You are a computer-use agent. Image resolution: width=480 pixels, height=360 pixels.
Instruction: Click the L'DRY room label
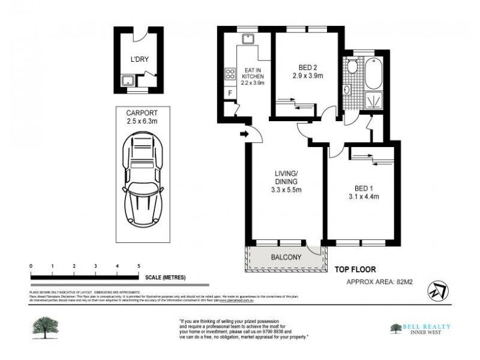(x=139, y=59)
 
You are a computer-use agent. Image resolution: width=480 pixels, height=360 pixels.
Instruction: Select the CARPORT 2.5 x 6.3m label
(x=142, y=117)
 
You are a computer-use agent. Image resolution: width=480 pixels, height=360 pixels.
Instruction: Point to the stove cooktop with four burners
(x=229, y=74)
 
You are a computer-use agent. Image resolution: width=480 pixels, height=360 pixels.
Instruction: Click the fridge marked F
(x=229, y=94)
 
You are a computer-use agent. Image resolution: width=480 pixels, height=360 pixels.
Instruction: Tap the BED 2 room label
(x=308, y=67)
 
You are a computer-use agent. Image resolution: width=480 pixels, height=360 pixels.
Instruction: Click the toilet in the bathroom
(x=352, y=65)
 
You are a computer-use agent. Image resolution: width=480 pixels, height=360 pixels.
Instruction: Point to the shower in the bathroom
(x=373, y=100)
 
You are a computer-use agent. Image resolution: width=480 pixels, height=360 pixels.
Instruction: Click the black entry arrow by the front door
(x=244, y=134)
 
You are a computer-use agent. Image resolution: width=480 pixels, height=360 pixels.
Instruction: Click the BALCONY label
(x=286, y=257)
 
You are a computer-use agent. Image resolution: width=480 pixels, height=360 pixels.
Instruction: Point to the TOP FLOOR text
(x=355, y=270)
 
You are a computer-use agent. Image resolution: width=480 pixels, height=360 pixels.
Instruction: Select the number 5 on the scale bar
(x=139, y=266)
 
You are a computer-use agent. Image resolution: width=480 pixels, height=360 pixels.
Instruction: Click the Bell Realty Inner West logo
(x=420, y=329)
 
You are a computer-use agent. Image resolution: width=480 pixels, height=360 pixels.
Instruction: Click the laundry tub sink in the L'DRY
(x=128, y=80)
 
